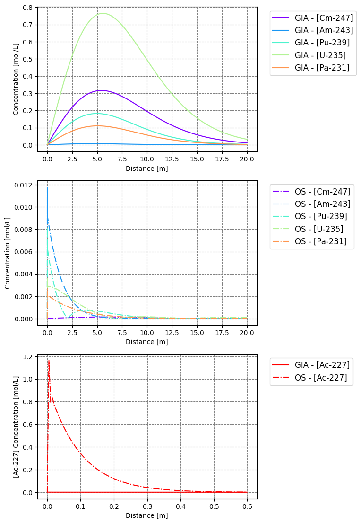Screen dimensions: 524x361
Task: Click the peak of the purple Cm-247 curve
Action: (x=101, y=90)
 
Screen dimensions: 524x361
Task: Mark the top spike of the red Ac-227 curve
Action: (x=49, y=361)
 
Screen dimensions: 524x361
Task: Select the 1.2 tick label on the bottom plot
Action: (x=33, y=357)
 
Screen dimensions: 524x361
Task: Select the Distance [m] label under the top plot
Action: (x=147, y=168)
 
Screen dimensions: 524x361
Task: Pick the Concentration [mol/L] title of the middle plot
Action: (x=8, y=253)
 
